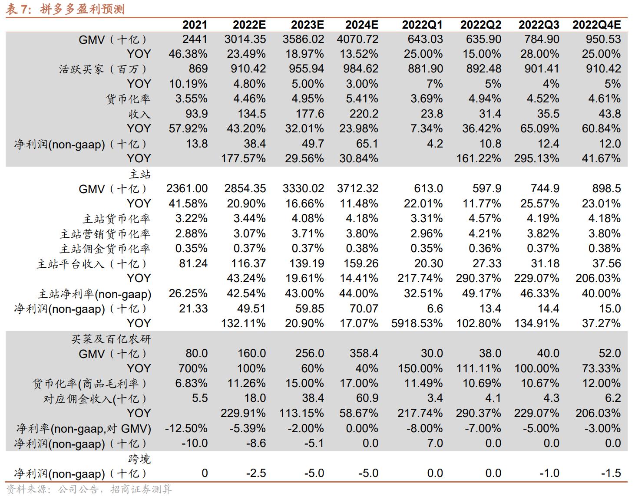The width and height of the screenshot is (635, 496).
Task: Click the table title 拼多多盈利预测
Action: tap(83, 9)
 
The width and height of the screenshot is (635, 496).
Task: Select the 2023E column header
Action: tap(307, 25)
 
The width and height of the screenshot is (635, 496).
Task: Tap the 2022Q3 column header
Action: tap(539, 25)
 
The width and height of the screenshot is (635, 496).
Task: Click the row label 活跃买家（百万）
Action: tap(103, 69)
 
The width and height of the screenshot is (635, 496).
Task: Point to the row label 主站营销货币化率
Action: tap(105, 234)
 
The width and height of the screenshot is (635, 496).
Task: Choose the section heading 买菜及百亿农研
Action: tap(111, 339)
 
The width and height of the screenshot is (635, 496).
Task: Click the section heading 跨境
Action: tap(139, 459)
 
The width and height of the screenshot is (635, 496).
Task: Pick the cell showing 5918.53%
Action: tap(417, 323)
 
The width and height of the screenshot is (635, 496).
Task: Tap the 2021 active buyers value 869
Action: tap(198, 69)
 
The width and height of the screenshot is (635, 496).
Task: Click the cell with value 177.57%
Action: tap(243, 158)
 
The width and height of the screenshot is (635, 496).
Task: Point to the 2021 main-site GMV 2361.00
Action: tap(187, 189)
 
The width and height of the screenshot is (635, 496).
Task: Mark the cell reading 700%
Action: tap(193, 368)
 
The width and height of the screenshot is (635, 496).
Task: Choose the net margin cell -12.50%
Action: tap(186, 428)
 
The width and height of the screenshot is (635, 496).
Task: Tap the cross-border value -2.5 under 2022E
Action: tap(256, 473)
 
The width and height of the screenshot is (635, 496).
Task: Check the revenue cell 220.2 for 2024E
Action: tap(364, 114)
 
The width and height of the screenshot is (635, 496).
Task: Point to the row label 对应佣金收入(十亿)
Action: tap(97, 398)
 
